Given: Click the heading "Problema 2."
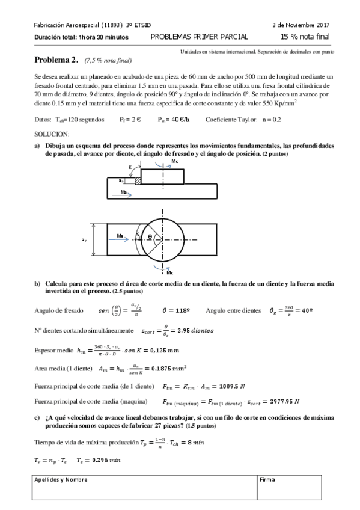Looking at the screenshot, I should (56, 61).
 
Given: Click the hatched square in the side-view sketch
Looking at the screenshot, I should (138, 180).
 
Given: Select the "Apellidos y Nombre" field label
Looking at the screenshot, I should (61, 479).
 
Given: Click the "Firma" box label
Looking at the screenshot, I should (267, 479).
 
